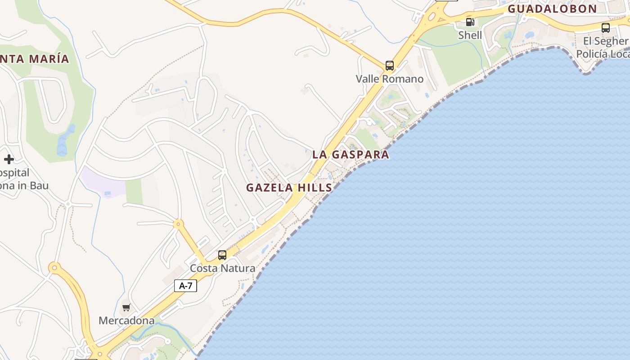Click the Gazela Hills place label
(289, 188)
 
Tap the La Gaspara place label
(351, 154)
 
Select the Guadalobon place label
(552, 9)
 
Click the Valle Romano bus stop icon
(390, 66)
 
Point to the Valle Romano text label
(390, 79)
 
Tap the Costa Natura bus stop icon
(222, 255)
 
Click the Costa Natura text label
(222, 268)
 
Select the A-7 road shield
(185, 285)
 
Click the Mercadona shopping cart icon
(126, 308)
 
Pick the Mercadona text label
(126, 321)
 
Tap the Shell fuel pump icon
(470, 22)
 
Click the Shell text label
(470, 35)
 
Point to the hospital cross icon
(9, 159)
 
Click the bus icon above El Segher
(606, 28)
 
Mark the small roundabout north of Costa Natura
(179, 223)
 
